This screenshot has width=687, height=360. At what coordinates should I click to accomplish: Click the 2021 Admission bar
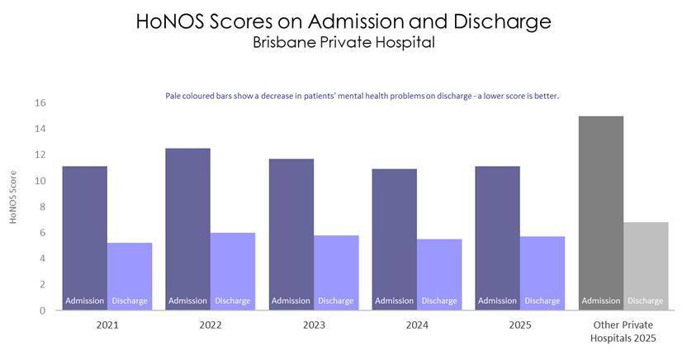(84, 239)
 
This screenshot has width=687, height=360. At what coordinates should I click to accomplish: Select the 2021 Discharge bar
(130, 277)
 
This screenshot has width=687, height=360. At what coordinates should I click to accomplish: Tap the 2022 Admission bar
(187, 229)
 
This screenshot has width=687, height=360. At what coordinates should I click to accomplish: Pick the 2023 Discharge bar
(336, 272)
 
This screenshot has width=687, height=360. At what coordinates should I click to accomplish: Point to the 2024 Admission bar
(395, 239)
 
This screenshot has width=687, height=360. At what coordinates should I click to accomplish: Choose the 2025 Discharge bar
(542, 273)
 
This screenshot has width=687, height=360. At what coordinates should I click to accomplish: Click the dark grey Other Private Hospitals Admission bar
(600, 213)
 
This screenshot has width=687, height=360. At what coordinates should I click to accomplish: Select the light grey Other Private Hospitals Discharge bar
(646, 266)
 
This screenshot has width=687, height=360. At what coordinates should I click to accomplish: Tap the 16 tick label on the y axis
(40, 103)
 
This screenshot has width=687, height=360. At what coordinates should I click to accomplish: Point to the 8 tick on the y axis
(42, 206)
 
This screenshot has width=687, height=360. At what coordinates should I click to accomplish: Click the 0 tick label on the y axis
(42, 310)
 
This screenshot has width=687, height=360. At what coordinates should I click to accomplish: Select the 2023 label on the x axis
(314, 325)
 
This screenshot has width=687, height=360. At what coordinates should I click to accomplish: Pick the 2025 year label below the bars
(520, 325)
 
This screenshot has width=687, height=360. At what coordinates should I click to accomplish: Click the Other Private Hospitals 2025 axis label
(623, 332)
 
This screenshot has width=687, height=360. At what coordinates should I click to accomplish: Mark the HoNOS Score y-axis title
(12, 197)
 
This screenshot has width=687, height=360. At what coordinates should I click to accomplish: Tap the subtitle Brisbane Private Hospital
(344, 42)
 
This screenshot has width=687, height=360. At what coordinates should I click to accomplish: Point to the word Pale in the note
(173, 96)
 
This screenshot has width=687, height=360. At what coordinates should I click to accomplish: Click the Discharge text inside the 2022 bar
(233, 301)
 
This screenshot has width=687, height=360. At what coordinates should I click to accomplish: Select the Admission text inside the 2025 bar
(497, 301)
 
